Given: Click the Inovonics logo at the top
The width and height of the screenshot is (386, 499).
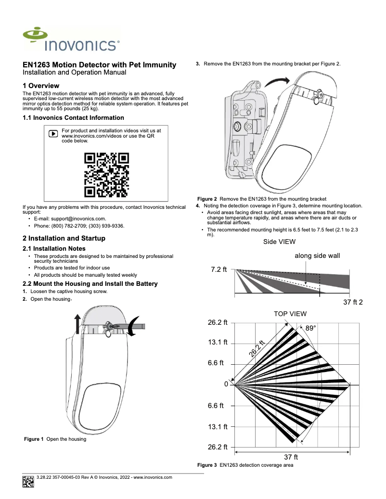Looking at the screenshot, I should [71, 39].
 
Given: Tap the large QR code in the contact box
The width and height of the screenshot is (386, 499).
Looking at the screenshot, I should [106, 175].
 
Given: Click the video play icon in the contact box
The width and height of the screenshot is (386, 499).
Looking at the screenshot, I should [53, 133].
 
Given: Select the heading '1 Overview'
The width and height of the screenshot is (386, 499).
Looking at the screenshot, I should [41, 86].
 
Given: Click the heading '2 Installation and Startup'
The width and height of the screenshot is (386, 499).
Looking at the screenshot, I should [64, 239].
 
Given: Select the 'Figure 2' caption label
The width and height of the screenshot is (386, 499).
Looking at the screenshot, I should [207, 199].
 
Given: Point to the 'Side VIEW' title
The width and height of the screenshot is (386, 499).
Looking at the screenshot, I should [279, 242].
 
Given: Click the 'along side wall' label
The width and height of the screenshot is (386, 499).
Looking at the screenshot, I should [317, 256].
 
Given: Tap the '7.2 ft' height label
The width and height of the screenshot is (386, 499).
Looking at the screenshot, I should [219, 270].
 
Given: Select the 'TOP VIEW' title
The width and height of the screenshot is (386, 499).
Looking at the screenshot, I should [290, 314].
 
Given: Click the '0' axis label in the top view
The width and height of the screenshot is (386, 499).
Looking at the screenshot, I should [226, 385].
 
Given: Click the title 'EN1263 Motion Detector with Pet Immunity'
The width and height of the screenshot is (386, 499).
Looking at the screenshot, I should [100, 65].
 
